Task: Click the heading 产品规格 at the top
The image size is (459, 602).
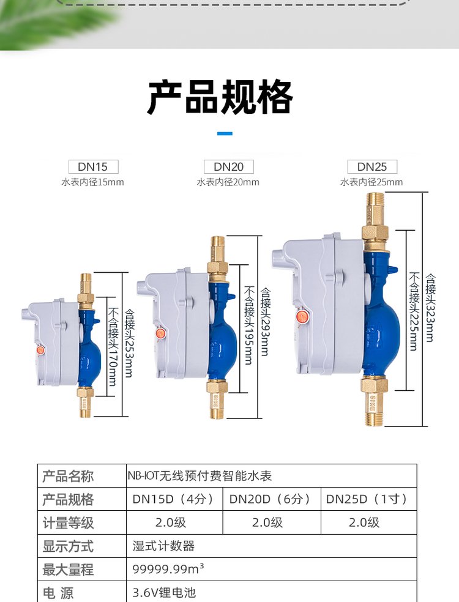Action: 220,97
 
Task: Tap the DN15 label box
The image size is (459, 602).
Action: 93,166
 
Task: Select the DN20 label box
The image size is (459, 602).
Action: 228,166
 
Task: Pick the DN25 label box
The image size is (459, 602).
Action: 372,166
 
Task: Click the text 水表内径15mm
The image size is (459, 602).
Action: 93,182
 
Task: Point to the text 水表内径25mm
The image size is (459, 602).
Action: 372,182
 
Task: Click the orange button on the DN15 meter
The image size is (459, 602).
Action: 41,351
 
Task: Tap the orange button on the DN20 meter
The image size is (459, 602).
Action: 160,333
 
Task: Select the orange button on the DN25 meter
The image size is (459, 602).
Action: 301,317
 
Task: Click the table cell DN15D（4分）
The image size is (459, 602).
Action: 174,499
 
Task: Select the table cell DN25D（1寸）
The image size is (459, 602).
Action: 367,499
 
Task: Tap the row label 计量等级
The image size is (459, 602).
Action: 68,522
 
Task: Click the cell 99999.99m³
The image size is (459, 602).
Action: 168,569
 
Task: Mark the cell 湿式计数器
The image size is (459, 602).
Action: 163,546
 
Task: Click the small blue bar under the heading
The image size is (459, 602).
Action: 225,133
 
